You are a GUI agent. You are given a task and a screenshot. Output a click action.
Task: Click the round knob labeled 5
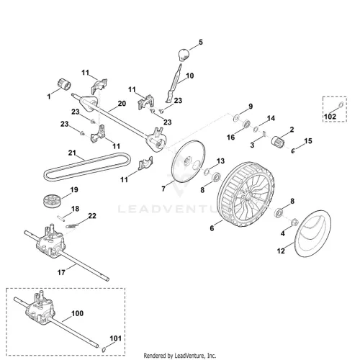(x=184, y=55)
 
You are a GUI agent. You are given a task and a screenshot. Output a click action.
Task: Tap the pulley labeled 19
(x=52, y=201)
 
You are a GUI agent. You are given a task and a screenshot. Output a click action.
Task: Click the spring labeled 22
(x=72, y=225)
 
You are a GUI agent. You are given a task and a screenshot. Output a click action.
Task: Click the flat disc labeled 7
(x=189, y=161)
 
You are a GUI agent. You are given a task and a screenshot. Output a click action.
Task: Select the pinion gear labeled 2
(x=278, y=140)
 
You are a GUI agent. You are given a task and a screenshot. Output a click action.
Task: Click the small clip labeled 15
(x=293, y=150)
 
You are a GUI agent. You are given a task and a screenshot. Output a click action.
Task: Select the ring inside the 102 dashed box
(x=341, y=105)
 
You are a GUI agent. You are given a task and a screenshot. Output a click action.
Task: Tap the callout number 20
(x=122, y=104)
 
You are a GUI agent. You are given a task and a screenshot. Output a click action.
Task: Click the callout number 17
(x=61, y=272)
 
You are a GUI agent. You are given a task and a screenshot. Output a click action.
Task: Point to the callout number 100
(x=78, y=313)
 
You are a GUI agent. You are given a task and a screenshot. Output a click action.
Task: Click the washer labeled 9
(x=236, y=118)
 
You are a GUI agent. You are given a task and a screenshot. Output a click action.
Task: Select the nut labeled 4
(x=295, y=222)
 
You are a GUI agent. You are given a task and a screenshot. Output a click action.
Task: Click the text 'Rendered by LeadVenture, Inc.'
(x=180, y=356)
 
